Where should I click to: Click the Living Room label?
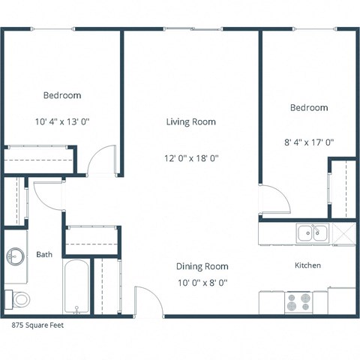pyautogui.click(x=191, y=121)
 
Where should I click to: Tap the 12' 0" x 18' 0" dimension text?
pyautogui.click(x=191, y=158)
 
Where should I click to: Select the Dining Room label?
pyautogui.click(x=202, y=266)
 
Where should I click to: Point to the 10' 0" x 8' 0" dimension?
pyautogui.click(x=202, y=283)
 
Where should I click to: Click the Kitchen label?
pyautogui.click(x=307, y=265)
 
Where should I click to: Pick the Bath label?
pyautogui.click(x=44, y=255)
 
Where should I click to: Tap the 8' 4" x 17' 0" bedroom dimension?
pyautogui.click(x=309, y=142)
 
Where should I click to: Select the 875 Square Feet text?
pyautogui.click(x=37, y=326)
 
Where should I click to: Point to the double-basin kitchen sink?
pyautogui.click(x=310, y=233)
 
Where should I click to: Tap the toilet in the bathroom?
pyautogui.click(x=19, y=298)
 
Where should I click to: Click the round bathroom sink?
pyautogui.click(x=16, y=257)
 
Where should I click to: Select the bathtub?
pyautogui.click(x=77, y=287)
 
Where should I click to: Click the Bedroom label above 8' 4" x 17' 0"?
pyautogui.click(x=309, y=108)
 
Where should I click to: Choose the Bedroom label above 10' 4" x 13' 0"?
pyautogui.click(x=62, y=95)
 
